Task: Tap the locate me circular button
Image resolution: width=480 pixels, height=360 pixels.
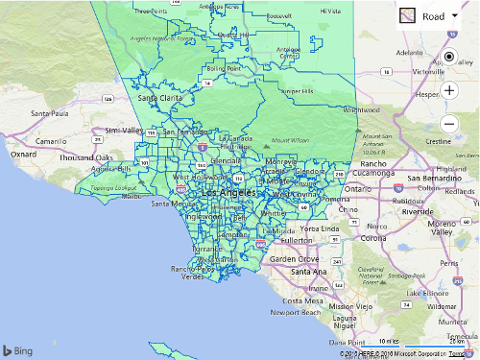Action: pyautogui.click(x=448, y=57)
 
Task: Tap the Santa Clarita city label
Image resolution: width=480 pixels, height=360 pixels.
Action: pyautogui.click(x=159, y=97)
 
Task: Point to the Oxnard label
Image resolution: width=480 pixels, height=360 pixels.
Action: pyautogui.click(x=23, y=153)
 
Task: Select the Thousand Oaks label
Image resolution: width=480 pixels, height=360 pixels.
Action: pyautogui.click(x=85, y=158)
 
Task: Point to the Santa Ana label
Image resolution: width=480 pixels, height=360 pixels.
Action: pyautogui.click(x=310, y=272)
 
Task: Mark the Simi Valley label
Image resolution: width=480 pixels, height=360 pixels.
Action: pyautogui.click(x=124, y=130)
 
